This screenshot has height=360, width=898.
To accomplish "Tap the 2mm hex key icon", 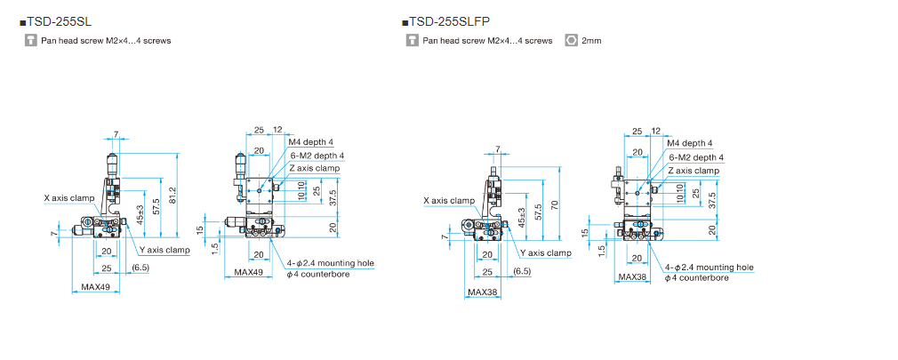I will pyautogui.click(x=572, y=40).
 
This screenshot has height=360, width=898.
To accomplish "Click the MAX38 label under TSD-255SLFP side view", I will pyautogui.click(x=482, y=292).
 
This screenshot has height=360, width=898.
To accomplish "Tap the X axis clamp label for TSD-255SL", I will pyautogui.click(x=68, y=197).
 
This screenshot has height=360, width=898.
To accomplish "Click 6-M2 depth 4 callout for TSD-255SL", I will pyautogui.click(x=317, y=156).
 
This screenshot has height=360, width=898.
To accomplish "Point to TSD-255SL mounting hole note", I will pyautogui.click(x=330, y=263).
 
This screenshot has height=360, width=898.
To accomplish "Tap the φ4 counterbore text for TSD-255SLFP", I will pyautogui.click(x=698, y=278).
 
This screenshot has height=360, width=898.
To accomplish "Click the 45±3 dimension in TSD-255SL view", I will pyautogui.click(x=140, y=213).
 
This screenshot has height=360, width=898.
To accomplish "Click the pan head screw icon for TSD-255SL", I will pyautogui.click(x=31, y=40).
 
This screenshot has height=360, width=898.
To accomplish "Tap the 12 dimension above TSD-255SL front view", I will pyautogui.click(x=277, y=131).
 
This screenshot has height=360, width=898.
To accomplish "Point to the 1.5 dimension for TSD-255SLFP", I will pyautogui.click(x=602, y=251).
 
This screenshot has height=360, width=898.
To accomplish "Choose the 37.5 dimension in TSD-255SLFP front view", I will pyautogui.click(x=712, y=201).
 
